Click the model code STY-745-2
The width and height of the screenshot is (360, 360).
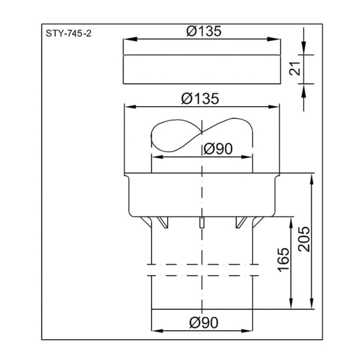pyautogui.click(x=68, y=34)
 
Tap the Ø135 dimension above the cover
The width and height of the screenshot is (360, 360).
pyautogui.click(x=204, y=31)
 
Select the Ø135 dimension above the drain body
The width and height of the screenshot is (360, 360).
pyautogui.click(x=200, y=99)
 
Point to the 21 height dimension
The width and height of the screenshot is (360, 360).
pyautogui.click(x=295, y=68)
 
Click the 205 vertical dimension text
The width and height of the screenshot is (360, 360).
pyautogui.click(x=304, y=239)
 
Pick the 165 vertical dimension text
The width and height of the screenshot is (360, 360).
pyautogui.click(x=283, y=260)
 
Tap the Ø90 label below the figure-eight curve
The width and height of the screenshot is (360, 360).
pyautogui.click(x=218, y=149)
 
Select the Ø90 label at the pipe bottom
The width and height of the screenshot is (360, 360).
pyautogui.click(x=204, y=323)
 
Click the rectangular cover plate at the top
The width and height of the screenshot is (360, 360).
pyautogui.click(x=202, y=70)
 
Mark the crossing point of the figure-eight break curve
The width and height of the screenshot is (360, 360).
pyautogui.click(x=202, y=132)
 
